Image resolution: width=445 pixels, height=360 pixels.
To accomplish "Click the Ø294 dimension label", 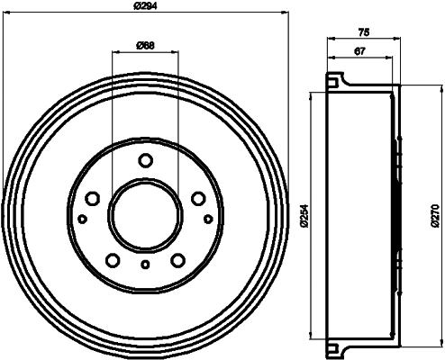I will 145,6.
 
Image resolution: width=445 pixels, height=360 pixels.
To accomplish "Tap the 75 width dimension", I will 362,32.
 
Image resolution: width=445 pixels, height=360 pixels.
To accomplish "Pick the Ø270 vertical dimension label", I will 435,216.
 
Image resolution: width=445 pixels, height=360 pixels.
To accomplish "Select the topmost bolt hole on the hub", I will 145,160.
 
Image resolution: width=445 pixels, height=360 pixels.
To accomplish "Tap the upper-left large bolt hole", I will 92,199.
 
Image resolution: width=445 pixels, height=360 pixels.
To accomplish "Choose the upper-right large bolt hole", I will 198,199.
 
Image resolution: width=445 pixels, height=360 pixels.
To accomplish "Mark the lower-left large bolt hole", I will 112,261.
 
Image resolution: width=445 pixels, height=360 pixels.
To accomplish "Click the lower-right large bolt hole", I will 178,261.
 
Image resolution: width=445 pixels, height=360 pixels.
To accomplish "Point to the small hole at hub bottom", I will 145,265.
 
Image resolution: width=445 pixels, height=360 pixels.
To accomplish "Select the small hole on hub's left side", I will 82,219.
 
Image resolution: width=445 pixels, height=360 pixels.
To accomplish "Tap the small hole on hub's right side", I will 208,219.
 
